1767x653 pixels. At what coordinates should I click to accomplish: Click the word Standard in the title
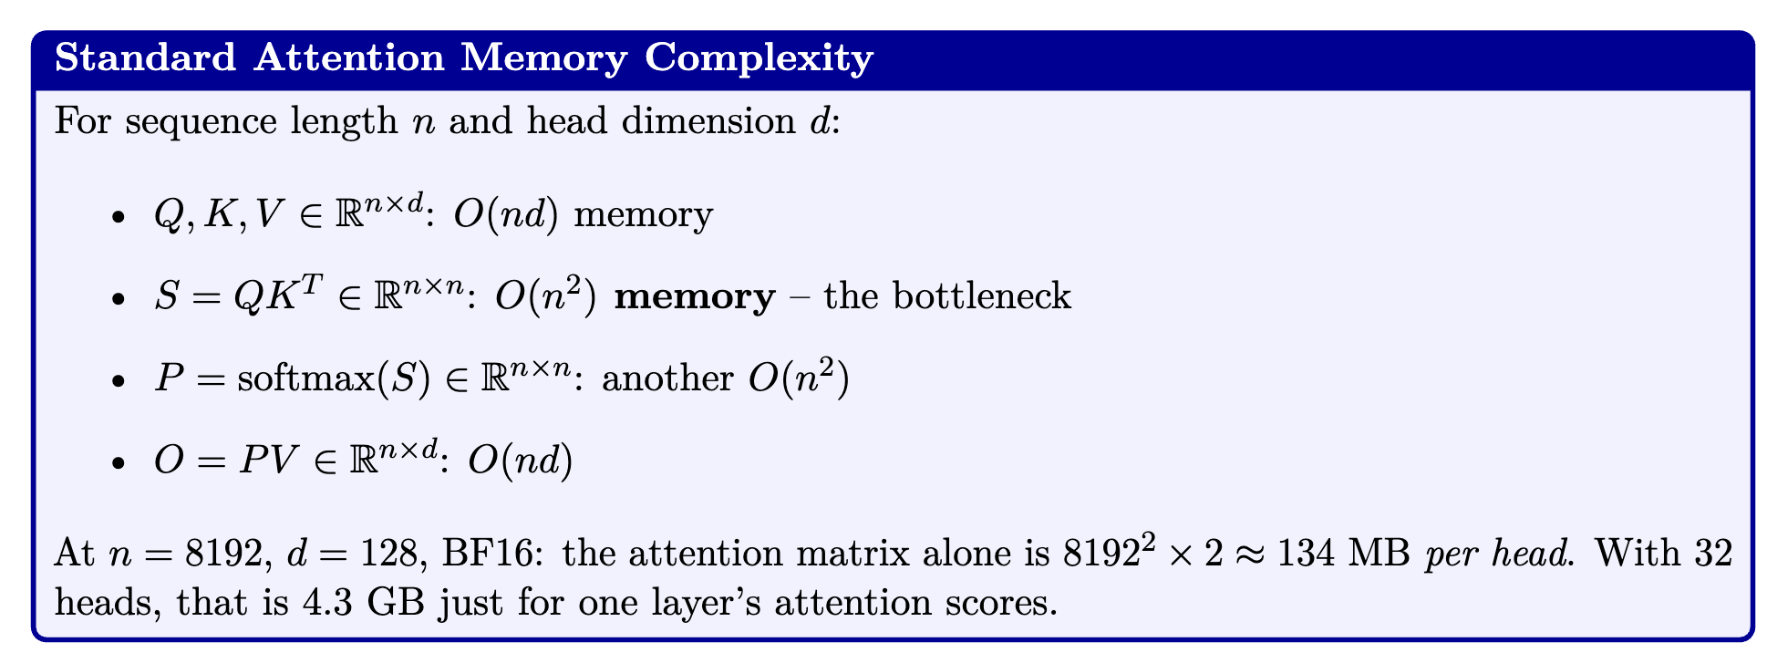(146, 59)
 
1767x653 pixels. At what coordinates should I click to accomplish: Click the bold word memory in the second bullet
(695, 298)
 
